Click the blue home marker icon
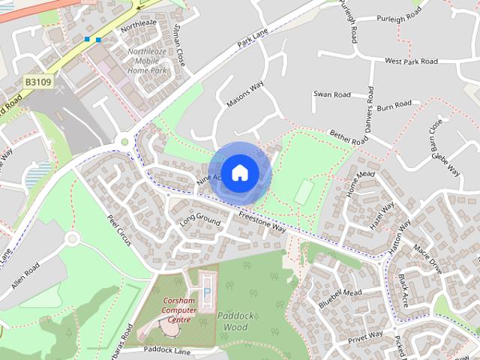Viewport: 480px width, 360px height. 238,172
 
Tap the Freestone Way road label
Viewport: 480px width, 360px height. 262,221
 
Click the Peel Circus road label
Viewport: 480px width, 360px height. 118,224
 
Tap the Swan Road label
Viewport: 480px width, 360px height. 332,95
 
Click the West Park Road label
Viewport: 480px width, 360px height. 410,61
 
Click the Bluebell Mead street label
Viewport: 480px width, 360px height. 340,298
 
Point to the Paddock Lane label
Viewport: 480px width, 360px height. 169,349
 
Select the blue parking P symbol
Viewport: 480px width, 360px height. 207,291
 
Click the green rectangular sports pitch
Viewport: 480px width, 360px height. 304,192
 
